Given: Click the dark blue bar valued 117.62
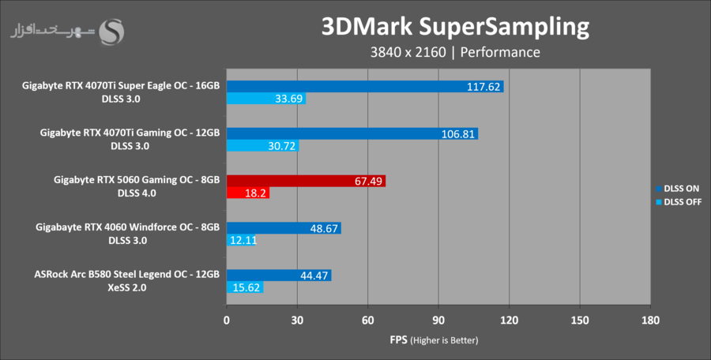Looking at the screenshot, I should click(x=365, y=87).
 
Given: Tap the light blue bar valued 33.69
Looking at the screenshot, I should click(x=266, y=99).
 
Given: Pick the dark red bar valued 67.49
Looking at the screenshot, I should click(x=306, y=181).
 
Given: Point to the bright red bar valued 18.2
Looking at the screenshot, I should click(x=248, y=193).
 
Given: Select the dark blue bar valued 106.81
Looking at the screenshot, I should click(x=352, y=133).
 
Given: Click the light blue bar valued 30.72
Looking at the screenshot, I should click(x=262, y=146).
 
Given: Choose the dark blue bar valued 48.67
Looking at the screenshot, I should click(x=284, y=228).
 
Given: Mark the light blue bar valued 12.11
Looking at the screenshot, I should click(x=241, y=240).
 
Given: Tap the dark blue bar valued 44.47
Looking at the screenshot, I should click(x=279, y=275).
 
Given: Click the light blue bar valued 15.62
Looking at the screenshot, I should click(x=245, y=287).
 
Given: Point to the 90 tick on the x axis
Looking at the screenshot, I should click(x=438, y=321).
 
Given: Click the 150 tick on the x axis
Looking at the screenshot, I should click(x=580, y=321).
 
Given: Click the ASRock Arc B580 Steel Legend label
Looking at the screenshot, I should click(x=127, y=275).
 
